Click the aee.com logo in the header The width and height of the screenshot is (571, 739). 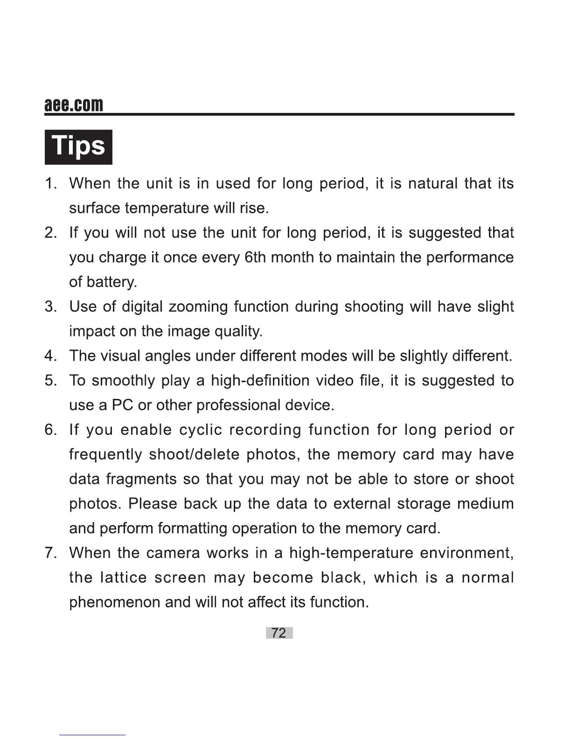[x=74, y=105]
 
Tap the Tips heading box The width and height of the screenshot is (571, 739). [x=78, y=147]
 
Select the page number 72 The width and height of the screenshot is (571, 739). [x=279, y=633]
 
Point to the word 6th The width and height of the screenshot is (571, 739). [x=255, y=258]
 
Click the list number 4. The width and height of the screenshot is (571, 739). [x=50, y=356]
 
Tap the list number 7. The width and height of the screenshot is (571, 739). [x=50, y=553]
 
